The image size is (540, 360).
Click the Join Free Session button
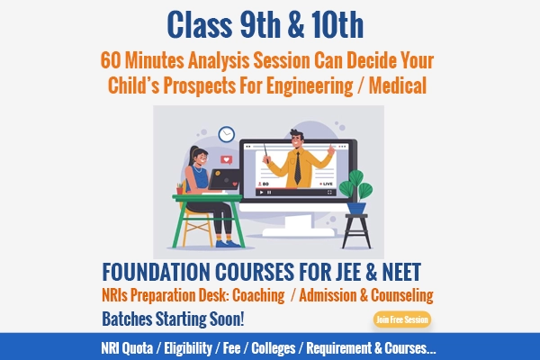tap(402, 319)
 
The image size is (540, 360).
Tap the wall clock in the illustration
tap(227, 134)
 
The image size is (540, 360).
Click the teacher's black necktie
tap(297, 167)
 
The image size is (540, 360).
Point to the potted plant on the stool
tap(356, 191)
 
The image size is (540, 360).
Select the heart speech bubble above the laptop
tap(226, 160)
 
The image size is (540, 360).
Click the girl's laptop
tap(224, 179)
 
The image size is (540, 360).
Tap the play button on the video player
tap(261, 193)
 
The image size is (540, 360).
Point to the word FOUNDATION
tap(156, 272)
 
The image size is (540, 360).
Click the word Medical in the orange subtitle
tap(398, 85)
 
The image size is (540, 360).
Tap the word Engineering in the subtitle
tap(310, 86)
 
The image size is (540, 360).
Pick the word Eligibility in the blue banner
tap(188, 348)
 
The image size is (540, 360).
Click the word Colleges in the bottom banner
tap(274, 348)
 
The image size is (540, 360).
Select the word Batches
tap(127, 319)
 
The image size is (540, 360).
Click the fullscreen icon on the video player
tap(329, 193)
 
